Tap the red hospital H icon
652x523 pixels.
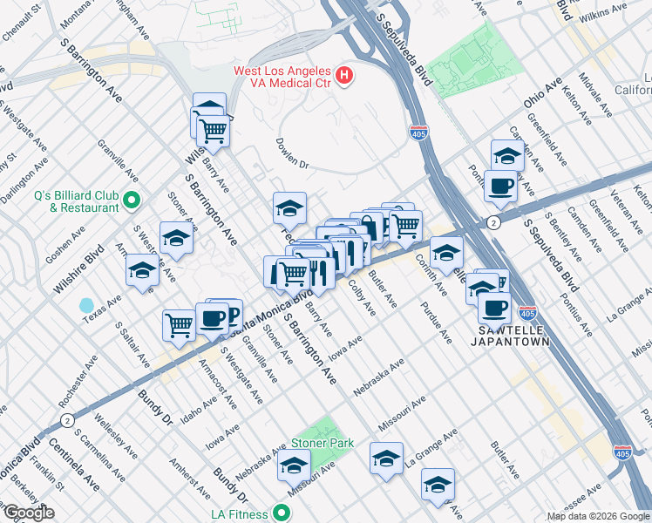[344, 76]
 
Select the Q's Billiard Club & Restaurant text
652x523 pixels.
[77, 201]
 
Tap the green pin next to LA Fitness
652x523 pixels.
[281, 513]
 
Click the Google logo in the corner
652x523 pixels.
[29, 513]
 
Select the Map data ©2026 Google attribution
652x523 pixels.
[597, 516]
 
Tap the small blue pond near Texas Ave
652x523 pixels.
[86, 306]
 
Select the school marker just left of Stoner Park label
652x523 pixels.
[294, 465]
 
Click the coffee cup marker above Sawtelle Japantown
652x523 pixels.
[495, 307]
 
